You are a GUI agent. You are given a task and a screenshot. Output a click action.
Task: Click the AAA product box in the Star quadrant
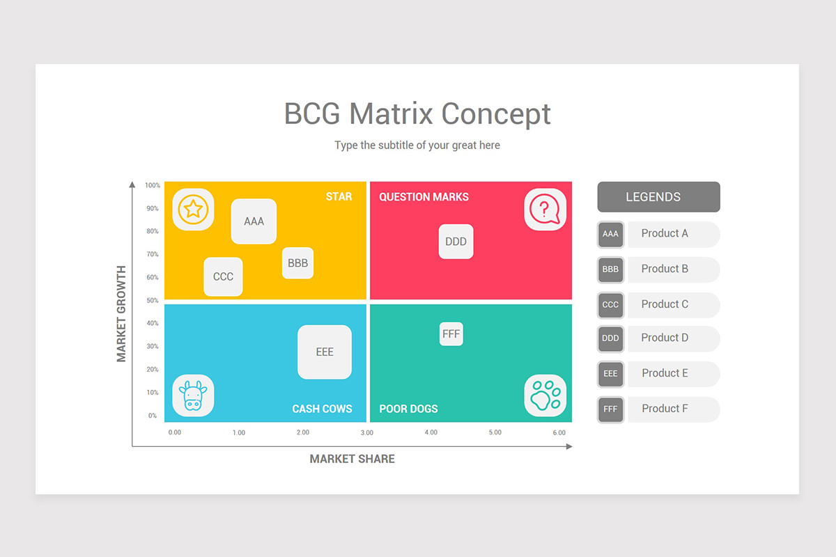point(254,221)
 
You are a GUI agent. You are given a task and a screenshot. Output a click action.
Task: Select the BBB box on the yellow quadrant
point(298,263)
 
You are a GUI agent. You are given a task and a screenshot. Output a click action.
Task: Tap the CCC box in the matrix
point(223,276)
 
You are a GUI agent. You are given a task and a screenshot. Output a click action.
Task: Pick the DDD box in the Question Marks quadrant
point(456,242)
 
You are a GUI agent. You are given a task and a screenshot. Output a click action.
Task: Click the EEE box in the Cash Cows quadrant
point(325,352)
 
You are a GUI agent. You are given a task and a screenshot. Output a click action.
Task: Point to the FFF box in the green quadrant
point(451,334)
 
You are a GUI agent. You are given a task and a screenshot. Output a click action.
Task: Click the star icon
point(194,210)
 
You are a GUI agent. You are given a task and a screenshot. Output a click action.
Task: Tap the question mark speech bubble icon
point(545,210)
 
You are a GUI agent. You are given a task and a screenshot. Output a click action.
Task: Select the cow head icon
point(194,395)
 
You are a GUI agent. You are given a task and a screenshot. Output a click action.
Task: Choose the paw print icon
point(545,395)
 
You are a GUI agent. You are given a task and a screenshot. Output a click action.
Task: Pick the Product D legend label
point(665,338)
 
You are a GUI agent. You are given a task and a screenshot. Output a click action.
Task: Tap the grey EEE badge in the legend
point(610,374)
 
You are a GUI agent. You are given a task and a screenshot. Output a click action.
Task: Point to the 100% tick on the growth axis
point(153,185)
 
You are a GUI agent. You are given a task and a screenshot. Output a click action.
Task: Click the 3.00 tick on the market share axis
point(367,432)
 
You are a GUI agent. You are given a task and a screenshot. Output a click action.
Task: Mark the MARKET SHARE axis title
point(352,459)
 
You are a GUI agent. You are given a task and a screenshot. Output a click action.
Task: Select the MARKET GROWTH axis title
point(121,314)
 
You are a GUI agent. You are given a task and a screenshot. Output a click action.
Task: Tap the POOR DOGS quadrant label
point(408,409)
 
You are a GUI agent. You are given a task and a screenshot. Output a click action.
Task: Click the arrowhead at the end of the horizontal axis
point(569,446)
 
